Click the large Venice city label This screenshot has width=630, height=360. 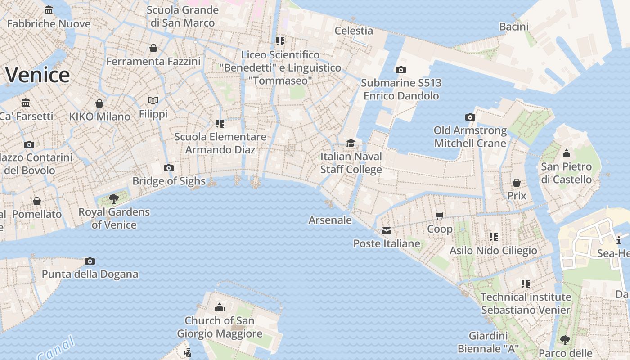pos(38,75)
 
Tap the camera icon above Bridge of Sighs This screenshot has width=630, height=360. pos(169,168)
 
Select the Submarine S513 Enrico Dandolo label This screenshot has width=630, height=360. pos(401,89)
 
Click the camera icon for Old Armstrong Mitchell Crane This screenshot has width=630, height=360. pos(470,117)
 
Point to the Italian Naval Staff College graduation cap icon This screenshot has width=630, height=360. pos(351,143)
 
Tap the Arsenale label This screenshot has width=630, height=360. pos(330,220)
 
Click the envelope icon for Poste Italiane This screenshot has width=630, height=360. pos(387,231)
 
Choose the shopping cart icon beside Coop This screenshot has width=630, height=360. pos(440,216)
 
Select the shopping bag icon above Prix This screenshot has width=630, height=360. pos(517,183)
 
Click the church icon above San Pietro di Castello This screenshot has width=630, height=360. pos(566,153)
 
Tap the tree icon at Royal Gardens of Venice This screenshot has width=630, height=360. pos(114,198)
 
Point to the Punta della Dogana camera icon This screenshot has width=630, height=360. pos(90,261)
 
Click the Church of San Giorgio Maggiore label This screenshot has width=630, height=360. pos(220,327)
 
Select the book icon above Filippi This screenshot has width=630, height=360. pos(153,100)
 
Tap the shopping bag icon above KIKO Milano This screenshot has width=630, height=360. pos(99,103)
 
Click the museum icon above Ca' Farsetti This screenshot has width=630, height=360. pos(26,103)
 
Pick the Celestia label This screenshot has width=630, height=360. pos(354,31)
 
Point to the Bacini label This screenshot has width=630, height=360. pos(514,27)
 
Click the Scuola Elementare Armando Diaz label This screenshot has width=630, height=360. pos(220,143)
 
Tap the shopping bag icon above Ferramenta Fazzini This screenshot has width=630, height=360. pos(153,48)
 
